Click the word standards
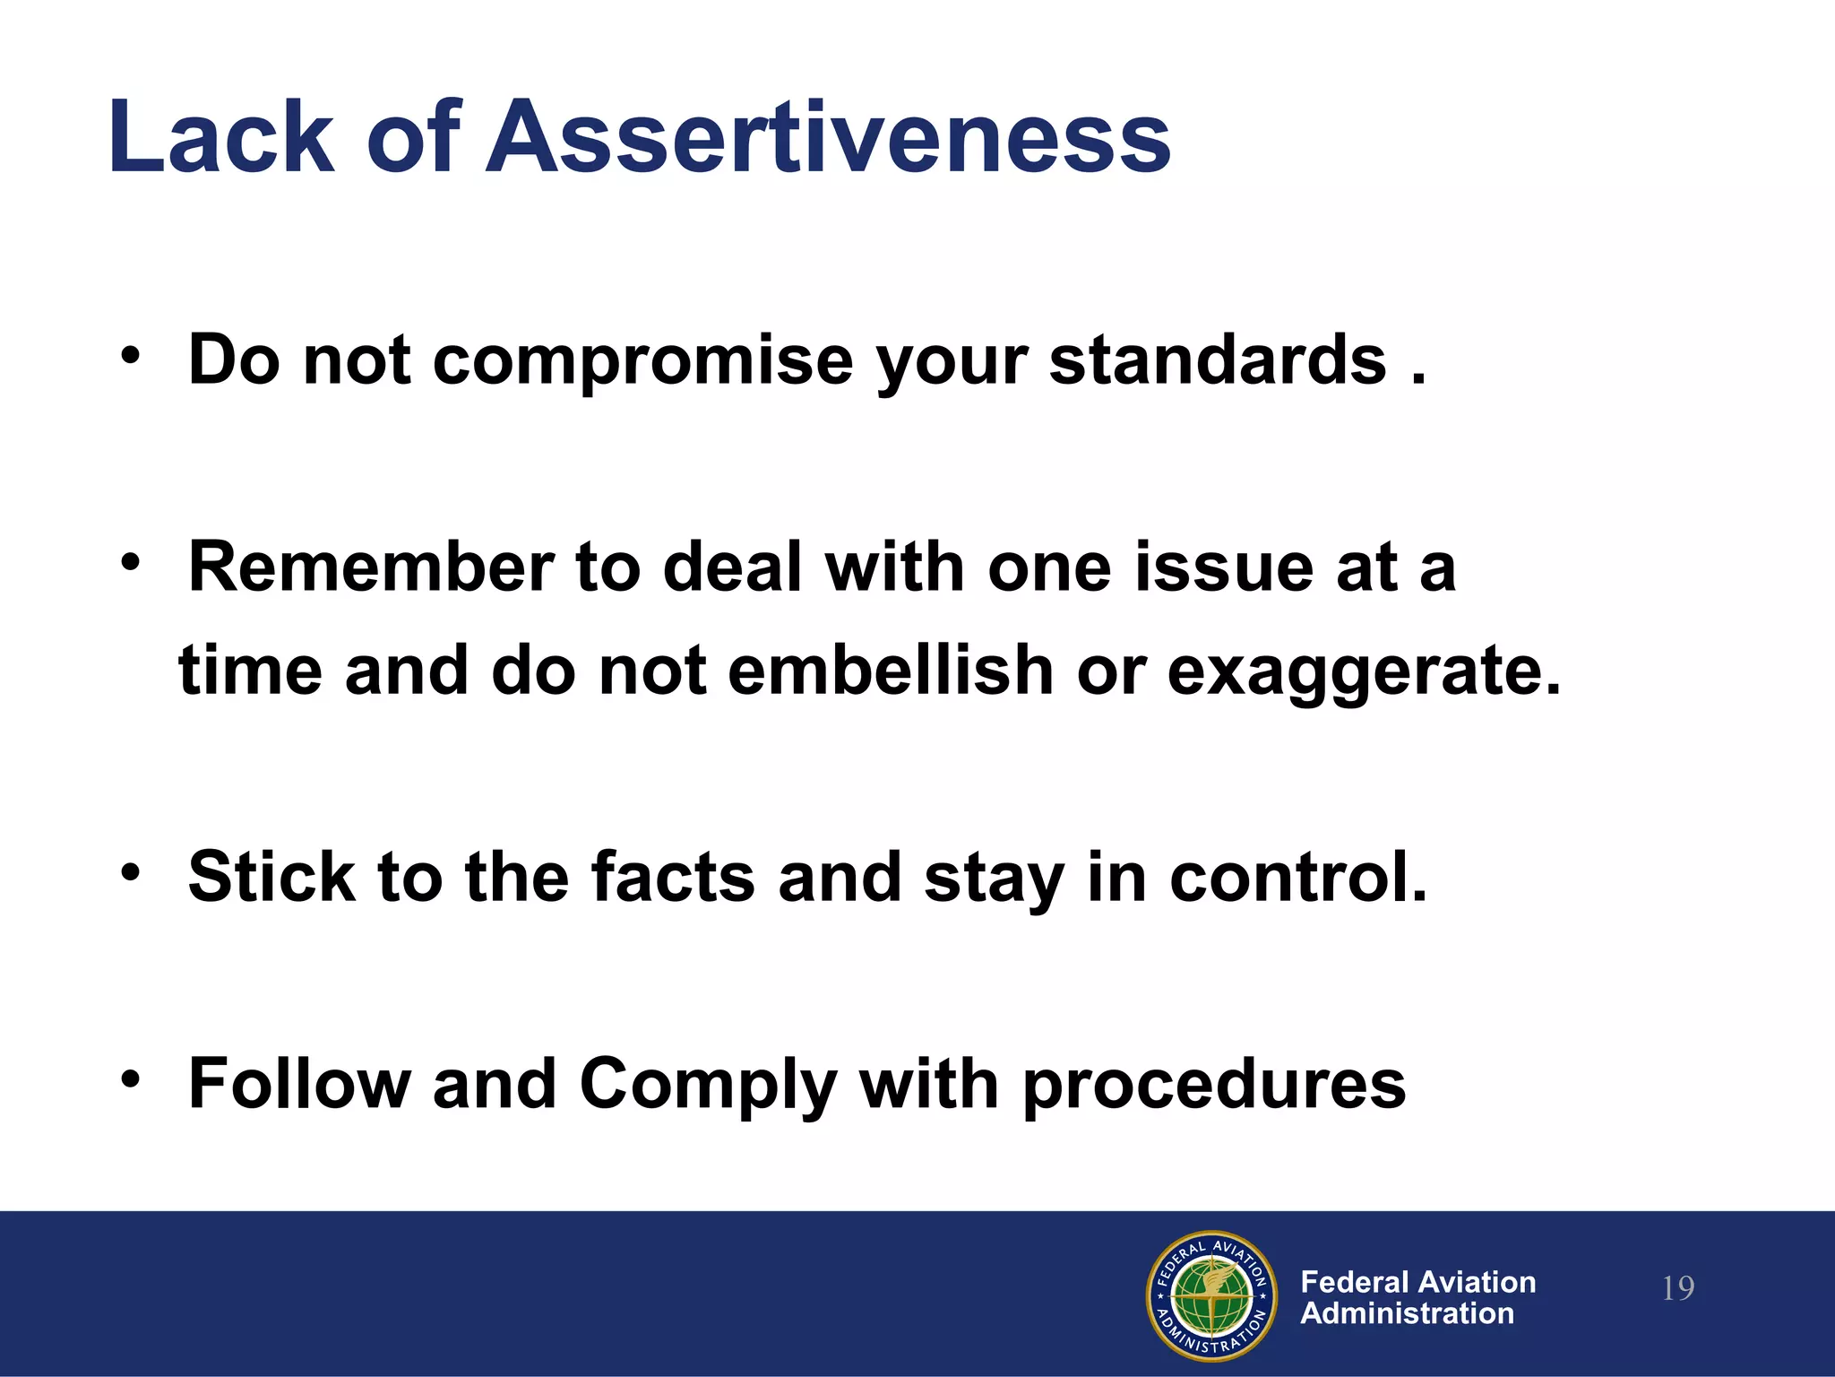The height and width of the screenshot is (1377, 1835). point(1218,360)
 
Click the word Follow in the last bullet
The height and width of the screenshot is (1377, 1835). point(299,1084)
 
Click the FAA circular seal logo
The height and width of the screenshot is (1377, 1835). point(1211,1296)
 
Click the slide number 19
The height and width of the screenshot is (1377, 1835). point(1677,1289)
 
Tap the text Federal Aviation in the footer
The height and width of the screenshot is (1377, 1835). point(1417,1282)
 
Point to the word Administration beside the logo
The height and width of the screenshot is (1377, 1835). point(1407,1313)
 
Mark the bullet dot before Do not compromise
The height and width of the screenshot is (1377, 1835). point(132,354)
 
